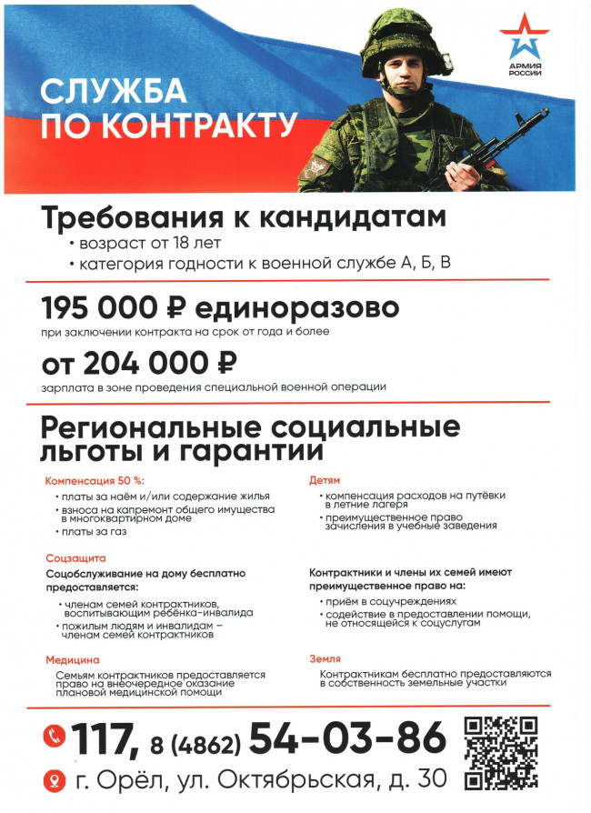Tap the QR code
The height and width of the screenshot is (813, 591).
point(501,752)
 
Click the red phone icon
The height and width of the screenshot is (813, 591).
point(55,735)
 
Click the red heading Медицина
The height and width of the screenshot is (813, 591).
point(73,658)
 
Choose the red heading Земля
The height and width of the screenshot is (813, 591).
point(325,658)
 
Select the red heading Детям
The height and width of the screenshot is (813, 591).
point(326,479)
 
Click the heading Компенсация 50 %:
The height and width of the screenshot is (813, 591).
point(95,479)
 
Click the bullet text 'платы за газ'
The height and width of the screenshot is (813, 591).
point(95,531)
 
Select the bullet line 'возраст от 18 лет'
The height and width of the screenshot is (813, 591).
point(149,244)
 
